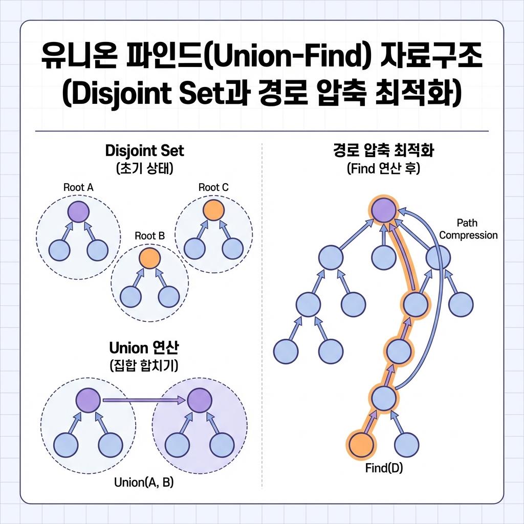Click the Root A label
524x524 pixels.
click(78, 187)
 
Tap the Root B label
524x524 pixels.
click(149, 236)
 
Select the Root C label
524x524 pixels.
click(213, 187)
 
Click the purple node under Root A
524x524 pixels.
click(78, 211)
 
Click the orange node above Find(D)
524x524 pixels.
click(360, 443)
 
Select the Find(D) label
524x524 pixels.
click(384, 468)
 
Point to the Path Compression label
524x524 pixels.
click(468, 229)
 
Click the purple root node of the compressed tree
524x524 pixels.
click(384, 211)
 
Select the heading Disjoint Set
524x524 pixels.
click(144, 151)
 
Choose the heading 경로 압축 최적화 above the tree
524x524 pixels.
click(383, 151)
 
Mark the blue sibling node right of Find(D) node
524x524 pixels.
click(407, 443)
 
